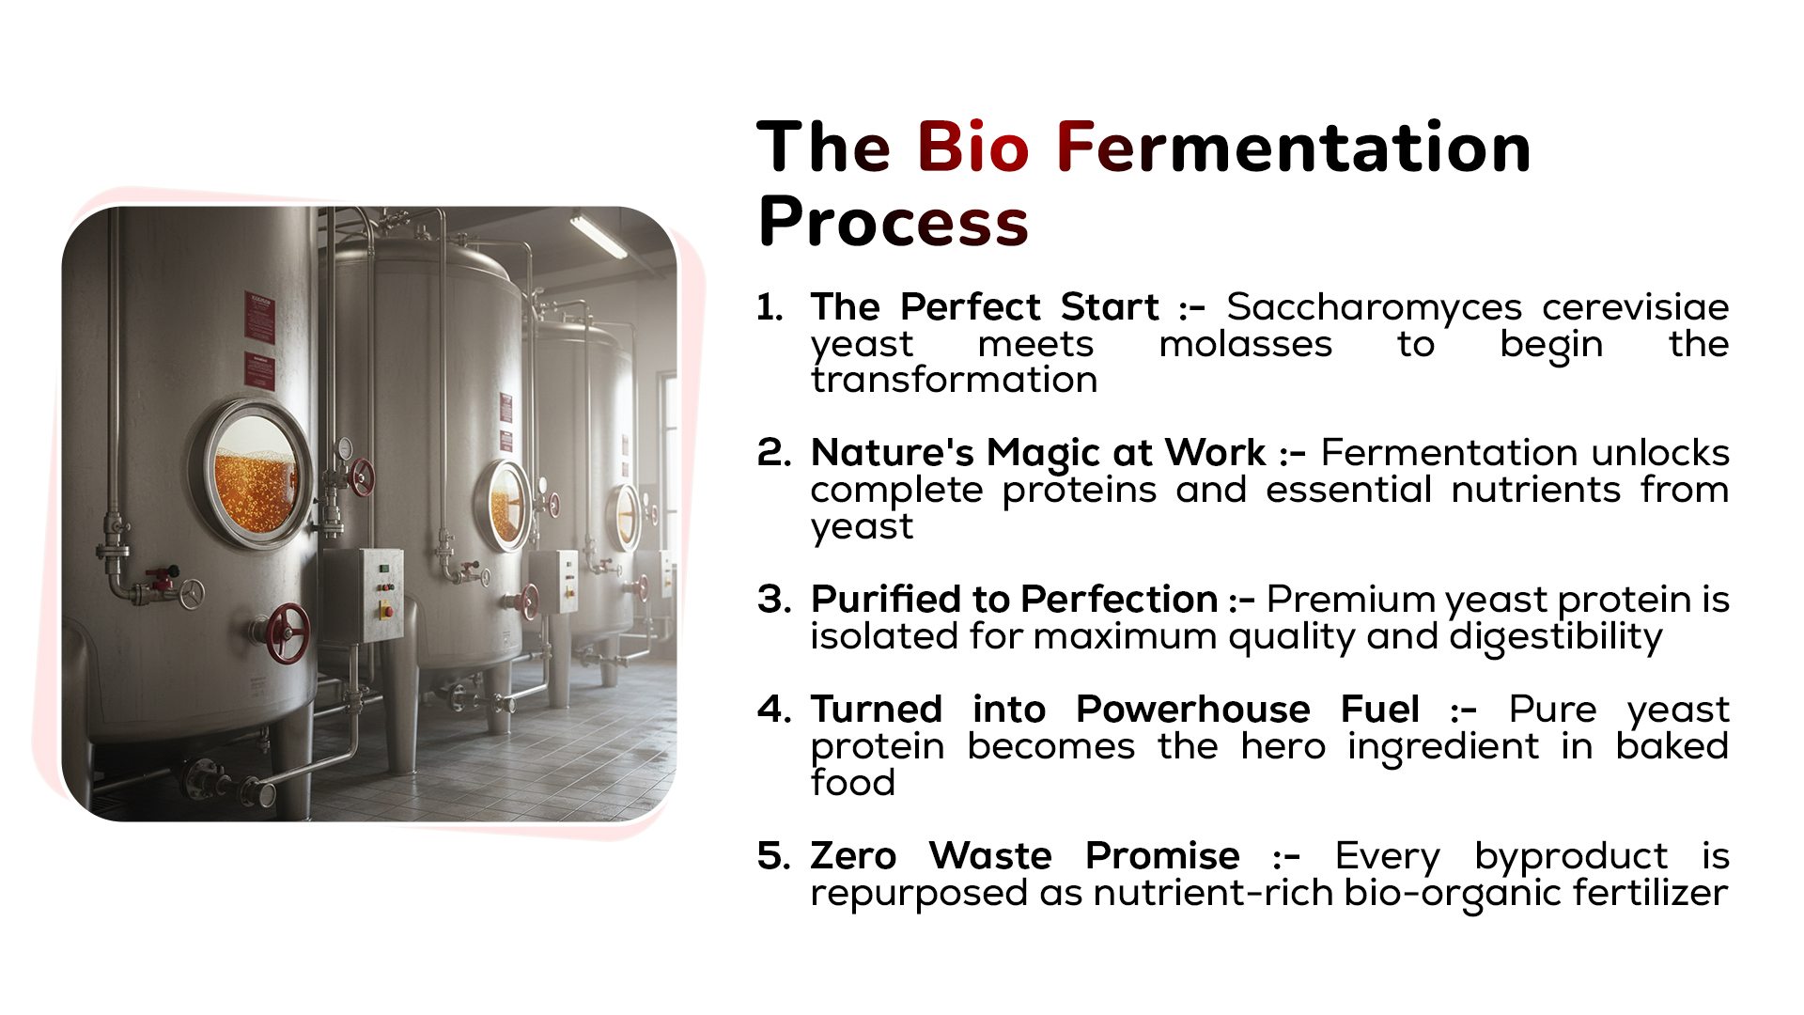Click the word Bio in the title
coord(972,148)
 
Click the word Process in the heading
coord(893,223)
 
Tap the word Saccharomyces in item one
coord(1374,307)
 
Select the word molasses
coord(1245,344)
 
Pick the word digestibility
coord(1556,637)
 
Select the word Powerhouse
coord(1192,710)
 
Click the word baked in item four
coord(1672,746)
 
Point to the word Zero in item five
coord(853,856)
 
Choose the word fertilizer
coord(1651,893)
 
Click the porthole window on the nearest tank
coord(253,476)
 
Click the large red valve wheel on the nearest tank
coord(288,632)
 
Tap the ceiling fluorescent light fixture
coord(599,235)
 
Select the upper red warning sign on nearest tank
coord(259,318)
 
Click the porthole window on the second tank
coord(504,506)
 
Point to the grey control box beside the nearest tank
coord(363,595)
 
